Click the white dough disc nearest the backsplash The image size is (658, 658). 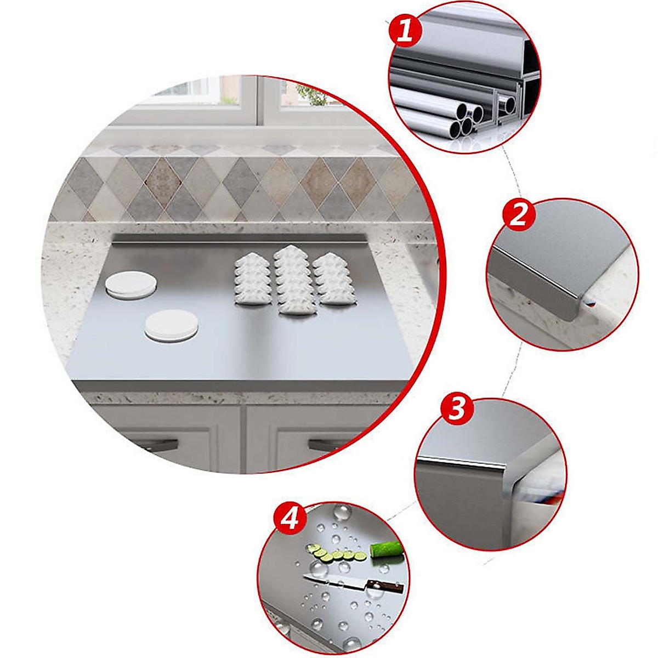pyautogui.click(x=131, y=286)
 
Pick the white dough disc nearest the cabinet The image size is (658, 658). pyautogui.click(x=171, y=326)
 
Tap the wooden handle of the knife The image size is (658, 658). pyautogui.click(x=385, y=586)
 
